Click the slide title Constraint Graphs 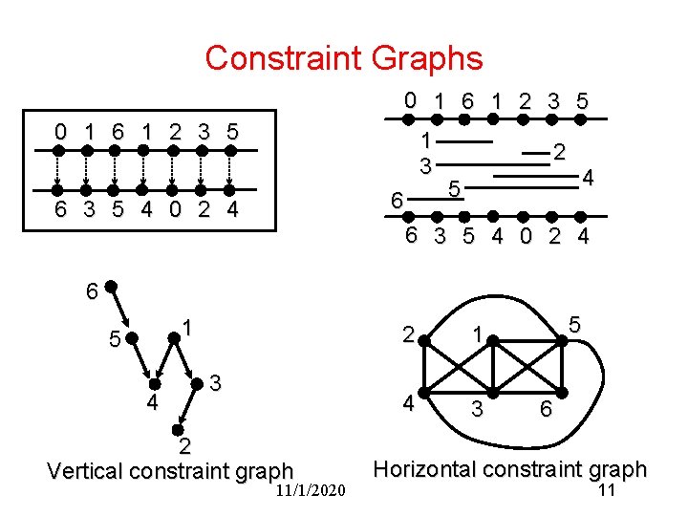coord(343,58)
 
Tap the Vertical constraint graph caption coord(170,470)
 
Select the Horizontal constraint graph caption coord(510,469)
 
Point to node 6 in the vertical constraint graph coord(112,285)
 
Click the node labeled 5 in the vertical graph coord(131,337)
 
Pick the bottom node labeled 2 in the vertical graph coord(179,426)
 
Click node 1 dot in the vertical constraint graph coord(172,335)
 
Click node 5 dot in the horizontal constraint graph coord(563,336)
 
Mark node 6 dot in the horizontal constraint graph coord(562,393)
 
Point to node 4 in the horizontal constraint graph coord(429,392)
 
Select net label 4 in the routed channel coord(589,178)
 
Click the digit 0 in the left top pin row coord(59,131)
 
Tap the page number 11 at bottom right coord(605,491)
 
